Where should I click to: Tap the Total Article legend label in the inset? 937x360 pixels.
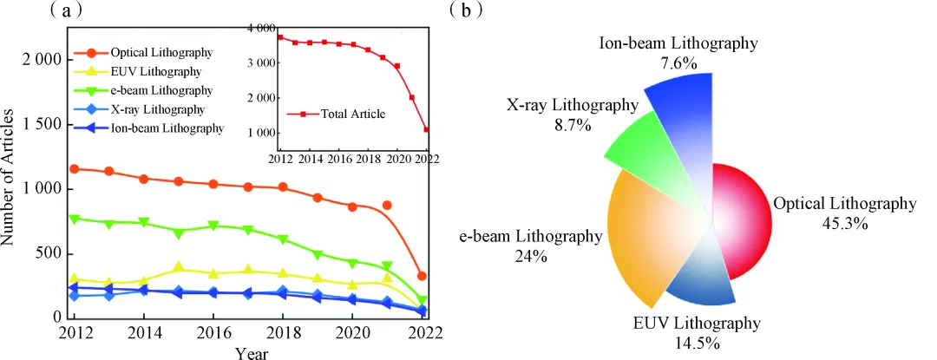pos(353,114)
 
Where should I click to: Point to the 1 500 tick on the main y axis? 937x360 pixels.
pos(40,124)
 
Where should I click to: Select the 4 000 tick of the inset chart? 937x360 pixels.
pos(261,29)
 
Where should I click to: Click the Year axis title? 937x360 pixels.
pos(252,353)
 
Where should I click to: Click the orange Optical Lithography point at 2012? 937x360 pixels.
pos(75,169)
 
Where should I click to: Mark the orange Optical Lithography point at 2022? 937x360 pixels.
pos(422,277)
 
